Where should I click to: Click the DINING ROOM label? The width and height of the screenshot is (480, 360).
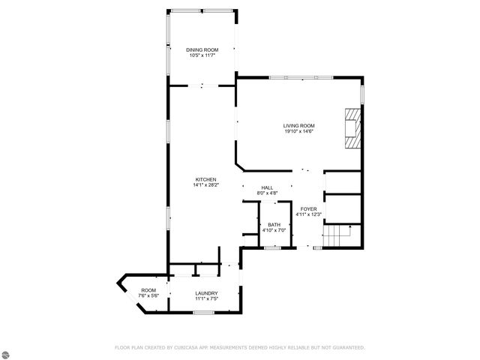pos(201,49)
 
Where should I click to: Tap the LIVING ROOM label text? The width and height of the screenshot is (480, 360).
pos(298,125)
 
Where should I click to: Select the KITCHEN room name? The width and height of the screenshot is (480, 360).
pos(206,179)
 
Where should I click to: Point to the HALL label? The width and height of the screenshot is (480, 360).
pos(267,187)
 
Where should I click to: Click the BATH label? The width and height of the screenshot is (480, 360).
pos(274,224)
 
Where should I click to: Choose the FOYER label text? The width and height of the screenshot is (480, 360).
pos(308,209)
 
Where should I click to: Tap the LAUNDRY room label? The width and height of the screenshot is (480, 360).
pos(206,292)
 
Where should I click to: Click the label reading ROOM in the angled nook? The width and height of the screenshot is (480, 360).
pos(148,289)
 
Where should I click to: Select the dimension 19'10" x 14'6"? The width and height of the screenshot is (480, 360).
pos(298,131)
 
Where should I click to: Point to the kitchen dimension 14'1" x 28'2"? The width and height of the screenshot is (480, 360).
pos(206,185)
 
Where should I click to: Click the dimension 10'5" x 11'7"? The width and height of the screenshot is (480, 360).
pos(201,55)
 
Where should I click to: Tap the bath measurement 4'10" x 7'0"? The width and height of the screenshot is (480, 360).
pos(274,230)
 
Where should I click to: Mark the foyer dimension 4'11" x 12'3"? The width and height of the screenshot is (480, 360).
pos(308,215)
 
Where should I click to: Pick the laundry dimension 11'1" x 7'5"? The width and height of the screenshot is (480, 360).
pos(206,298)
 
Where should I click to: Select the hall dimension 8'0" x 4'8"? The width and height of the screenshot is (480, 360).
pos(267,193)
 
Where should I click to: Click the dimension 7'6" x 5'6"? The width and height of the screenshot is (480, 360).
pos(148,295)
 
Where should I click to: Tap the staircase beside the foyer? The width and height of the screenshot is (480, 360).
pos(342,235)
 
